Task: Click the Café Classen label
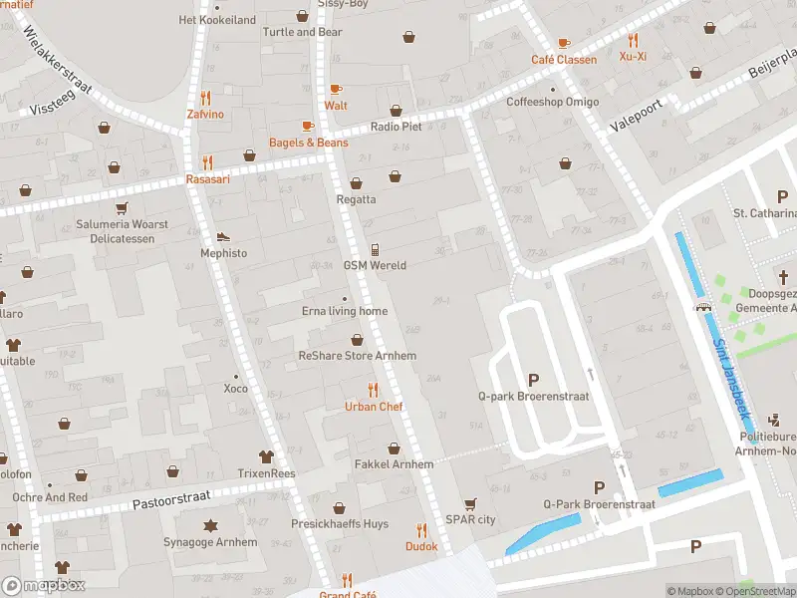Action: click(564, 60)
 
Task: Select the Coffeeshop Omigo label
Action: click(553, 102)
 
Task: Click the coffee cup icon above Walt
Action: click(336, 89)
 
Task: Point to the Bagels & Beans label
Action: click(309, 143)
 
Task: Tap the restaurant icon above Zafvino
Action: click(205, 98)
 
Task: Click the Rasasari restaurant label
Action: click(208, 179)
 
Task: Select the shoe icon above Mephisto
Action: click(223, 237)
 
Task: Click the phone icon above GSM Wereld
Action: click(375, 249)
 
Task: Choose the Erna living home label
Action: click(345, 311)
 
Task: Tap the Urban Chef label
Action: click(374, 407)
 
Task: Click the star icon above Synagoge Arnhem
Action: click(210, 526)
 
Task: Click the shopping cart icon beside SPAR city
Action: click(469, 504)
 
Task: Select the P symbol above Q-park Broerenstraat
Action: click(533, 379)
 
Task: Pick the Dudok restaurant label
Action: click(421, 546)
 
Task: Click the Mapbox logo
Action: click(44, 586)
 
